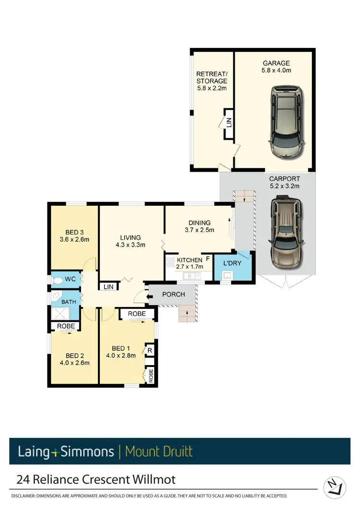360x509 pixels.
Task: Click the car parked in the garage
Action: pos(286,121)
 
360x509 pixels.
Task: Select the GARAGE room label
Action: pos(276,67)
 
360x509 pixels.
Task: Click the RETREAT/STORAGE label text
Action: pos(212,81)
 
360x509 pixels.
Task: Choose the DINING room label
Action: pos(200,226)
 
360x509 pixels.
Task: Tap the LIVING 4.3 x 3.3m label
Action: pos(131,241)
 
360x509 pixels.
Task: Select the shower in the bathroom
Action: pos(61,314)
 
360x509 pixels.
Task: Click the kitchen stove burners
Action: pos(170,262)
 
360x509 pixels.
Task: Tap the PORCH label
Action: pos(173,294)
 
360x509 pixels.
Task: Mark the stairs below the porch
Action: pos(188,315)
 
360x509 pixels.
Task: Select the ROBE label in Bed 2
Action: pos(65,326)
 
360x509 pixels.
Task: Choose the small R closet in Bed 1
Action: pos(149,351)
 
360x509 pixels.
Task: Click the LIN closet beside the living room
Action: pos(108,286)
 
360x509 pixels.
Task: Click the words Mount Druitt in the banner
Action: pos(158,451)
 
